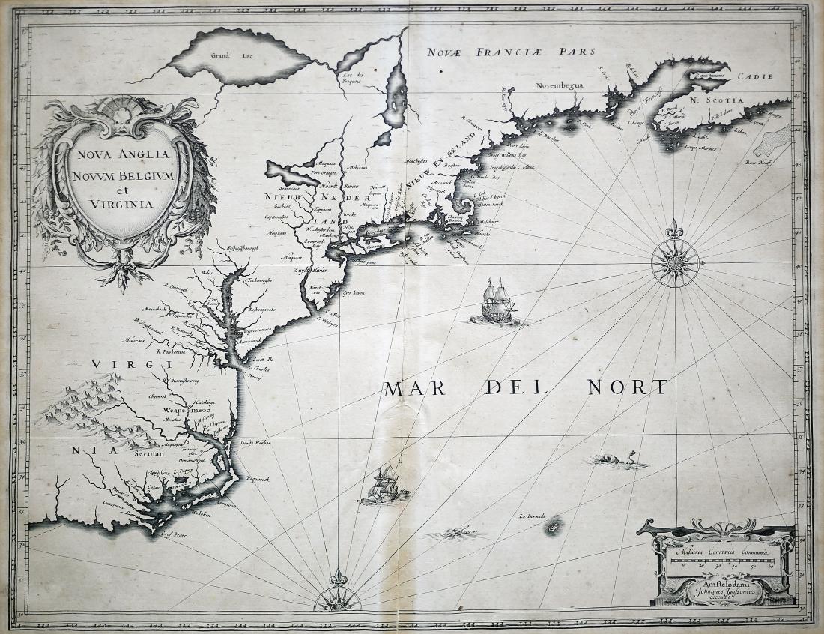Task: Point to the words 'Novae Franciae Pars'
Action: [512, 52]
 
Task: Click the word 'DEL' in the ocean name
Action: [513, 388]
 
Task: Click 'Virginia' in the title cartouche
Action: [120, 202]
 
